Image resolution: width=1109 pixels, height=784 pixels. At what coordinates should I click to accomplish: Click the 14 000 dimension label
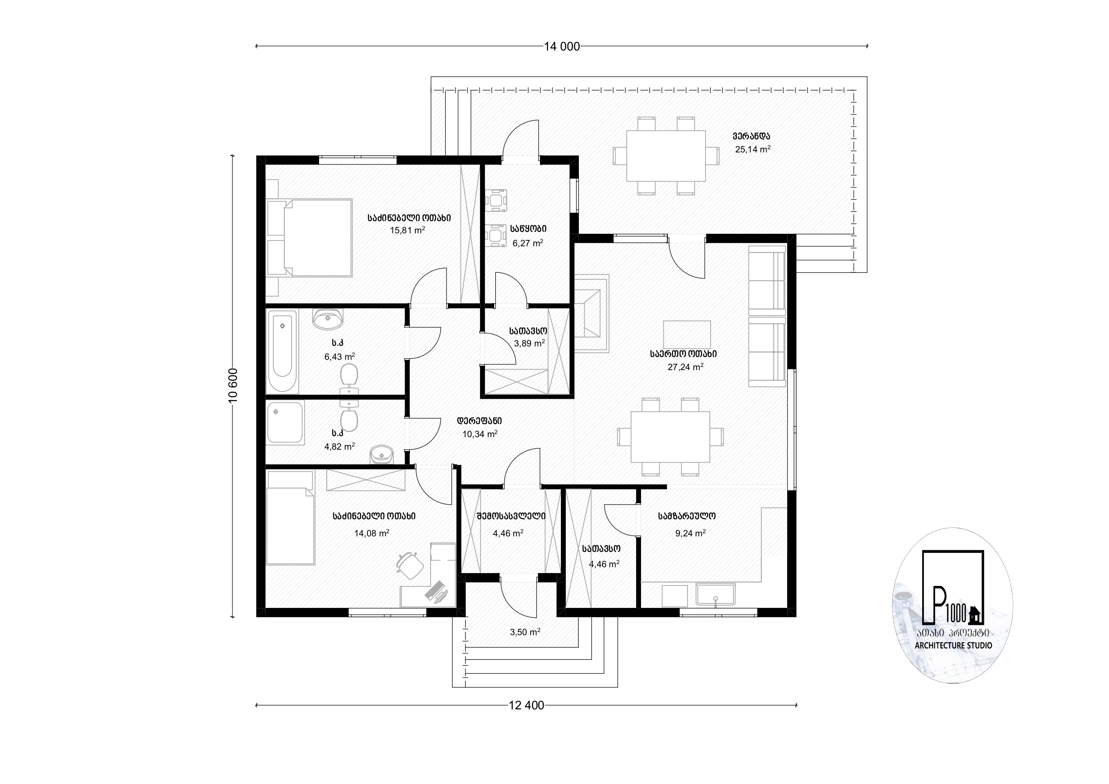coord(562,46)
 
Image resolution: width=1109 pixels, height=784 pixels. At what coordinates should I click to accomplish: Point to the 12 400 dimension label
coord(527,705)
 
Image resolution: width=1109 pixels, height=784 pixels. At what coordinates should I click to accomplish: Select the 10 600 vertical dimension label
coord(233,385)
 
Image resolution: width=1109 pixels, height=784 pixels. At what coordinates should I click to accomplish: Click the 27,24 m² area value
coord(685,367)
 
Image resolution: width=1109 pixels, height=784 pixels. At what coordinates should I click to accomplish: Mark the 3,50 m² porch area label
coord(525,632)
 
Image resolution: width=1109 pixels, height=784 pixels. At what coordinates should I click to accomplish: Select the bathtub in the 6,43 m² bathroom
coord(283,352)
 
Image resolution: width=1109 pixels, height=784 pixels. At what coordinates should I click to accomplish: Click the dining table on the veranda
coord(666,156)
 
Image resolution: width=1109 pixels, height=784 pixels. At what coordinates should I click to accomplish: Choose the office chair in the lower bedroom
coord(409,565)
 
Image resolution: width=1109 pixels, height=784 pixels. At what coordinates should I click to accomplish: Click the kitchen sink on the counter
coord(715,595)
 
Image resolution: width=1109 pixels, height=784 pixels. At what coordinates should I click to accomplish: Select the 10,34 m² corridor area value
coord(480,434)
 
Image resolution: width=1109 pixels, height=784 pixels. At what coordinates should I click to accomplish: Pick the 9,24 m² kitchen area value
coord(690,533)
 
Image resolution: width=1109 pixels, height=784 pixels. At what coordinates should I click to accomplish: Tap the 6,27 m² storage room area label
coord(528,243)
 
